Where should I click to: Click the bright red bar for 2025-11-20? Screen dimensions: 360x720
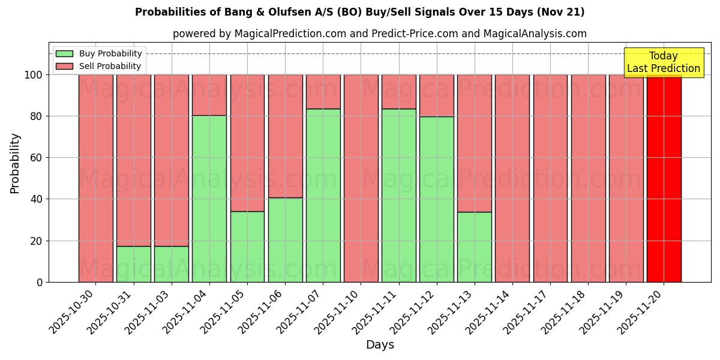click(664, 178)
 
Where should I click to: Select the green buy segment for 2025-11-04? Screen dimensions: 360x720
click(209, 199)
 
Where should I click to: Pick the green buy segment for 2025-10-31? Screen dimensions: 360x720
click(133, 264)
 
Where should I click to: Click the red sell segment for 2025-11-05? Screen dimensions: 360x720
click(247, 143)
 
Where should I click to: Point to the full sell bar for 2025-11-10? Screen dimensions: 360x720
click(361, 178)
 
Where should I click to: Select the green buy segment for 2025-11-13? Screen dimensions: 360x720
click(475, 247)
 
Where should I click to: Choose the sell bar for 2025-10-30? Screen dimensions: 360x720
click(95, 178)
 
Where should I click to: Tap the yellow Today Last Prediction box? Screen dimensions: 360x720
click(664, 62)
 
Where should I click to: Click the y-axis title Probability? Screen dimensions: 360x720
click(15, 163)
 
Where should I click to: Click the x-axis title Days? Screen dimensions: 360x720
click(380, 345)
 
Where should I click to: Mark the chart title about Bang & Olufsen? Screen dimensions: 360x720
click(359, 12)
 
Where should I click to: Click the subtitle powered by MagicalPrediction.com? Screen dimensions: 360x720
click(379, 34)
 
